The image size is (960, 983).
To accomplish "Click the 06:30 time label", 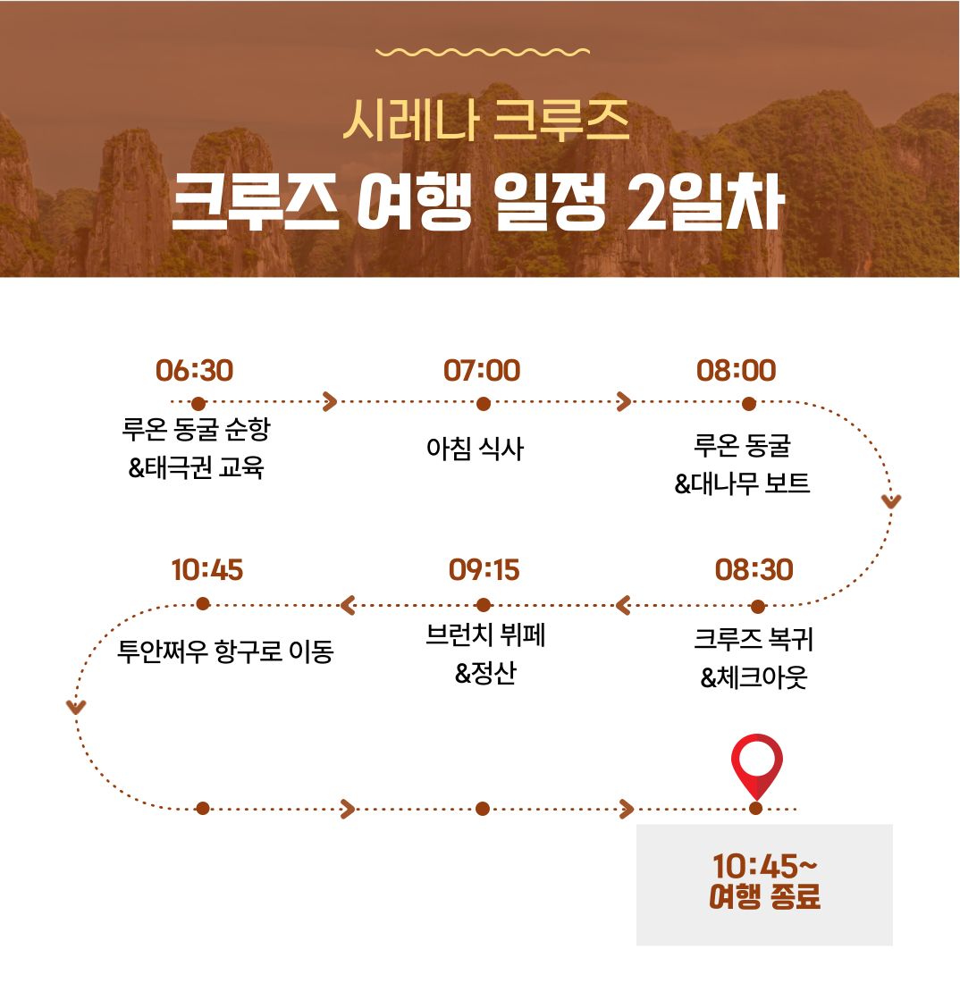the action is tap(194, 371).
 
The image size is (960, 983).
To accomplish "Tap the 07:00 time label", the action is tap(482, 371).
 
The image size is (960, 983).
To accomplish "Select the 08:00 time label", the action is tap(737, 371).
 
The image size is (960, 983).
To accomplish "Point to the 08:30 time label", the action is tap(754, 570).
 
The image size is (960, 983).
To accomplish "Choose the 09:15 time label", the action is tap(484, 570).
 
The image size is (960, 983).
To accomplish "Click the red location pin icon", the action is tap(757, 766).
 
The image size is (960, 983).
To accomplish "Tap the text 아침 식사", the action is tap(475, 449).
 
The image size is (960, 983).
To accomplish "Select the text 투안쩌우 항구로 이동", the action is tap(226, 651).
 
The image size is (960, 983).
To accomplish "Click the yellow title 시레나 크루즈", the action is tap(486, 120).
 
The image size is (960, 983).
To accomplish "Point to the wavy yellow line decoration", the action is tap(483, 52).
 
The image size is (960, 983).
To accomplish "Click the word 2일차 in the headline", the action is tap(706, 201).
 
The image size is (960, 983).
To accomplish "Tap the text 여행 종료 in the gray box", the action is tap(764, 896).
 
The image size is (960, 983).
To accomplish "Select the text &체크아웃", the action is tap(754, 677).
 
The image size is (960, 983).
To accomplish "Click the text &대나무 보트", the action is tap(743, 483).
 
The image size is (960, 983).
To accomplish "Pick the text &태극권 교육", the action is tap(196, 467).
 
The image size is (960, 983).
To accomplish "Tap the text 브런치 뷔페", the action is tap(485, 634).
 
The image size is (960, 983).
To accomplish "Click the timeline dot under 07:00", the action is tap(484, 404).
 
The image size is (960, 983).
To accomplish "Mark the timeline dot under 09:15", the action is tap(484, 605).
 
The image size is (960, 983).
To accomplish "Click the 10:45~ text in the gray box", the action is tap(764, 867).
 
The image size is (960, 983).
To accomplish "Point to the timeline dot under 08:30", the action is tap(758, 606).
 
